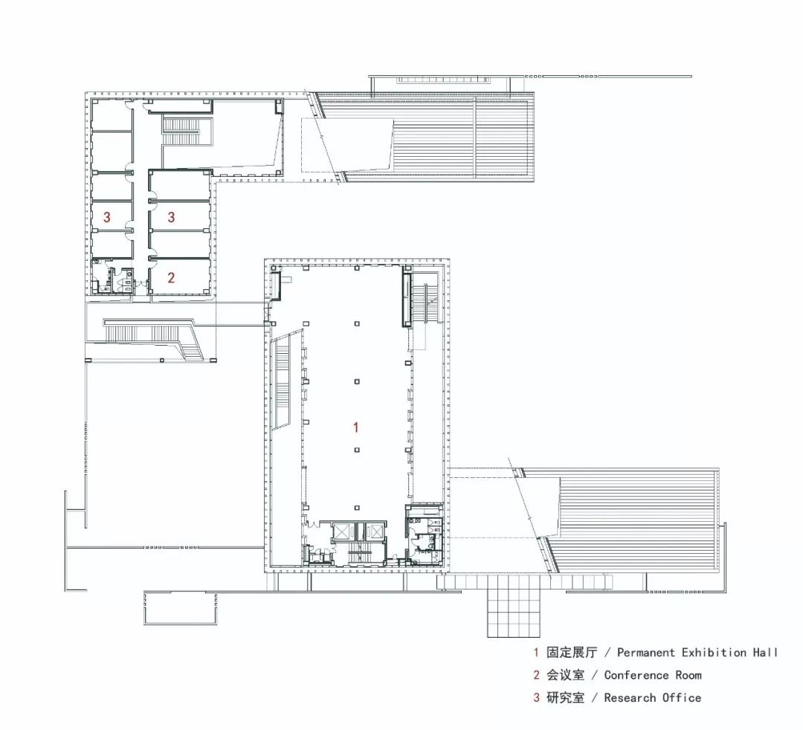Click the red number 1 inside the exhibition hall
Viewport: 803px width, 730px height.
[356, 427]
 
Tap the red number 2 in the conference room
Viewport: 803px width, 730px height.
[171, 277]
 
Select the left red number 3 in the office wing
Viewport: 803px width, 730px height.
[106, 217]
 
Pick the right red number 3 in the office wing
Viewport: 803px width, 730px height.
[171, 217]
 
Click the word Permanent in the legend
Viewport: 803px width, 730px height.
[646, 653]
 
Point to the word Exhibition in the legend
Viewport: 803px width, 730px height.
[714, 653]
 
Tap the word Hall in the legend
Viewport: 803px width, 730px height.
[765, 653]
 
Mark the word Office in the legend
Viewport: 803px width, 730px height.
[682, 698]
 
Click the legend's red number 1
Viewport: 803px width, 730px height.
[536, 653]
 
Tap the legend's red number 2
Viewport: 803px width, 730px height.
[536, 675]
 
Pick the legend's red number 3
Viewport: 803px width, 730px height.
[536, 698]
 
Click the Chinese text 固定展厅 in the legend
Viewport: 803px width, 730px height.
[572, 653]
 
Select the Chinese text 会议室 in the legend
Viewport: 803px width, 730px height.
[565, 675]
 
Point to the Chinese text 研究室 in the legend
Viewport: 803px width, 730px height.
[565, 698]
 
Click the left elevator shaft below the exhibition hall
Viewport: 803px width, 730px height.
[341, 532]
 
